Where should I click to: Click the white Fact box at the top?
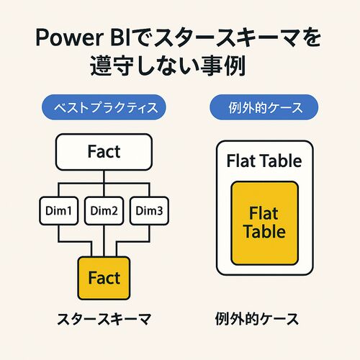(104, 152)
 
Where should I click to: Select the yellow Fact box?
(104, 278)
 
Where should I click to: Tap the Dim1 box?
(59, 211)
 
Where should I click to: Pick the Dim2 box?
(104, 211)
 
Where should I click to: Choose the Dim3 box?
(149, 211)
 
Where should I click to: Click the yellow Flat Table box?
(264, 223)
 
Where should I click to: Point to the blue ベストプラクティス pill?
(104, 107)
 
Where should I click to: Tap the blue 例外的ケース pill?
(264, 107)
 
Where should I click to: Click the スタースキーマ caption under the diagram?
(104, 319)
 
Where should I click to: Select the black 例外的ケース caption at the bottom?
(257, 319)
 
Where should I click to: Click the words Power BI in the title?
(84, 37)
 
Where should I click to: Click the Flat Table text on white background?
(264, 161)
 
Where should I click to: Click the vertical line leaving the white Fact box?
(104, 176)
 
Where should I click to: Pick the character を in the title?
(311, 37)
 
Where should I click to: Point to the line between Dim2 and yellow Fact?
(104, 240)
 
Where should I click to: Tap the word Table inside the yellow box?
(264, 232)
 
